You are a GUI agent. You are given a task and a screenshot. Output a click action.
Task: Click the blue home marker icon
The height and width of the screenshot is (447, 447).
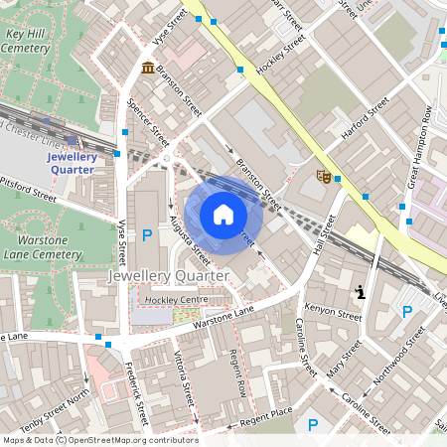[x=223, y=215]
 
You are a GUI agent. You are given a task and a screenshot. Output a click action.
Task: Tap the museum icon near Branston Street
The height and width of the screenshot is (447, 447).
[x=148, y=68]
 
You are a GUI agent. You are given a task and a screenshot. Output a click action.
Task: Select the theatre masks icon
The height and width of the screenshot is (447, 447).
[x=323, y=176]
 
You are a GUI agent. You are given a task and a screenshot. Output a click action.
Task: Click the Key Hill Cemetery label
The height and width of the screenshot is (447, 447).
[x=29, y=40]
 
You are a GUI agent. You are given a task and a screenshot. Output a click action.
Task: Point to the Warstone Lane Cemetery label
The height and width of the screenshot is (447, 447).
[x=48, y=247]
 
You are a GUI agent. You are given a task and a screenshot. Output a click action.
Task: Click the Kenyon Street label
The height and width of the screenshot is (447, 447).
[x=333, y=312]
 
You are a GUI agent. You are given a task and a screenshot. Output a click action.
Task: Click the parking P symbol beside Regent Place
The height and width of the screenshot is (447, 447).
[x=313, y=425]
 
